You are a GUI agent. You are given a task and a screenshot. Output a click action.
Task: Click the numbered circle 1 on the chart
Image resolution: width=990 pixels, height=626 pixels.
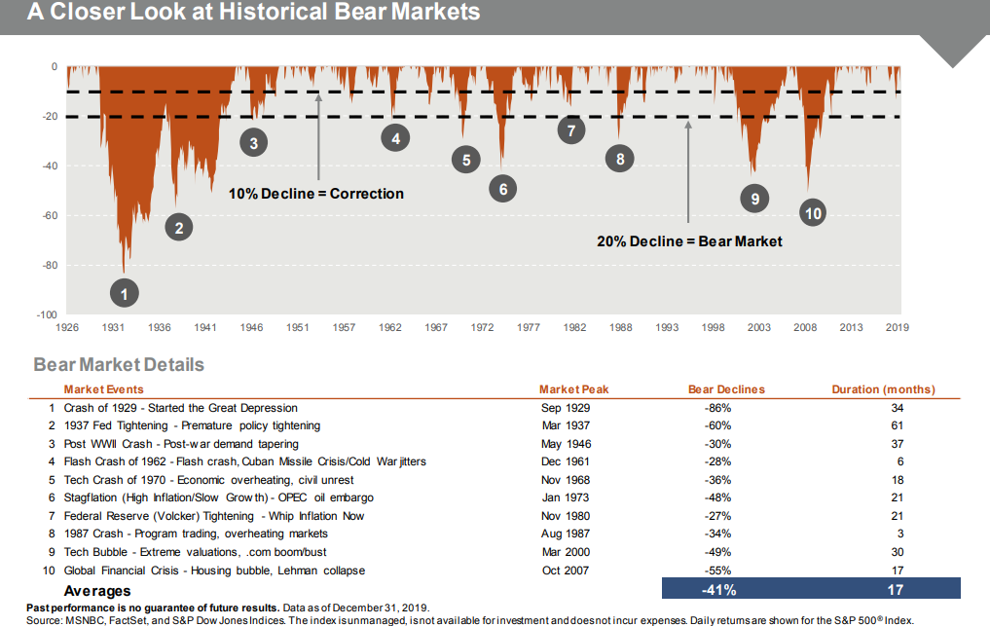coord(124,291)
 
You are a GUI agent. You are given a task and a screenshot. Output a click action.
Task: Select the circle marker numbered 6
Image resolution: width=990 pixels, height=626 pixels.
coord(502,189)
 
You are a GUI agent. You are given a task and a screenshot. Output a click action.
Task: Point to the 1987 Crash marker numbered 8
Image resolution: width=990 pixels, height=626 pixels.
coord(619,159)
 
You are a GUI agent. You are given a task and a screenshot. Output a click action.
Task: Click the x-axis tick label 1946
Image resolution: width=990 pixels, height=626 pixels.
coord(251,328)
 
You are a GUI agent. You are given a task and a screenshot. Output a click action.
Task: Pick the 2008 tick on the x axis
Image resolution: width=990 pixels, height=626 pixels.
coord(804,328)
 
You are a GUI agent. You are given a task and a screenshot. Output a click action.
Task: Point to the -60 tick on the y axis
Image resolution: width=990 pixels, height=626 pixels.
coord(46,215)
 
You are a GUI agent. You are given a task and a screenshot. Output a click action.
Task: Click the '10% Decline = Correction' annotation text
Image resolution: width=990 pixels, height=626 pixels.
coord(315,194)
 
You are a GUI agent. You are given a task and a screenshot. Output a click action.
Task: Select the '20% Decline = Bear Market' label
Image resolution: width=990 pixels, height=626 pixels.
coord(689,241)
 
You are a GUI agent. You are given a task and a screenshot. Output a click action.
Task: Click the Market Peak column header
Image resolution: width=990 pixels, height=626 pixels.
coord(573,389)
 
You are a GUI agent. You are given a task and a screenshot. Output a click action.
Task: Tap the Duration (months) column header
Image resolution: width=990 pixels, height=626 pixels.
coord(883,389)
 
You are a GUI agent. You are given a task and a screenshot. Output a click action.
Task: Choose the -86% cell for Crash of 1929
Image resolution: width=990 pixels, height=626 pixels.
coord(717,408)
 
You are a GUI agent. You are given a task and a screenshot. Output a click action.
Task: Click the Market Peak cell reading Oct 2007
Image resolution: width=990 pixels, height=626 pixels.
coord(565,571)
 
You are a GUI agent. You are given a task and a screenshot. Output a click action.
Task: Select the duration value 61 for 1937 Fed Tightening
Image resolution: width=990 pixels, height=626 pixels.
coord(897,425)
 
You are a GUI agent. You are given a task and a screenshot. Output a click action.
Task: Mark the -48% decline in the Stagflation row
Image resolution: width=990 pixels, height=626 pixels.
coord(717,498)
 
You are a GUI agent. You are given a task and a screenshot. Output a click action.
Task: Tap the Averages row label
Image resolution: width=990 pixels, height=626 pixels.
coord(96,590)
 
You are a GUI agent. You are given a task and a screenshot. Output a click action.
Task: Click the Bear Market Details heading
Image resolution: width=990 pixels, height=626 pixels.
coord(119,365)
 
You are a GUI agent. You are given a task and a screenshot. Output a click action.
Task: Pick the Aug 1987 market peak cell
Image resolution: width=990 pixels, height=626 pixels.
coord(565,534)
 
